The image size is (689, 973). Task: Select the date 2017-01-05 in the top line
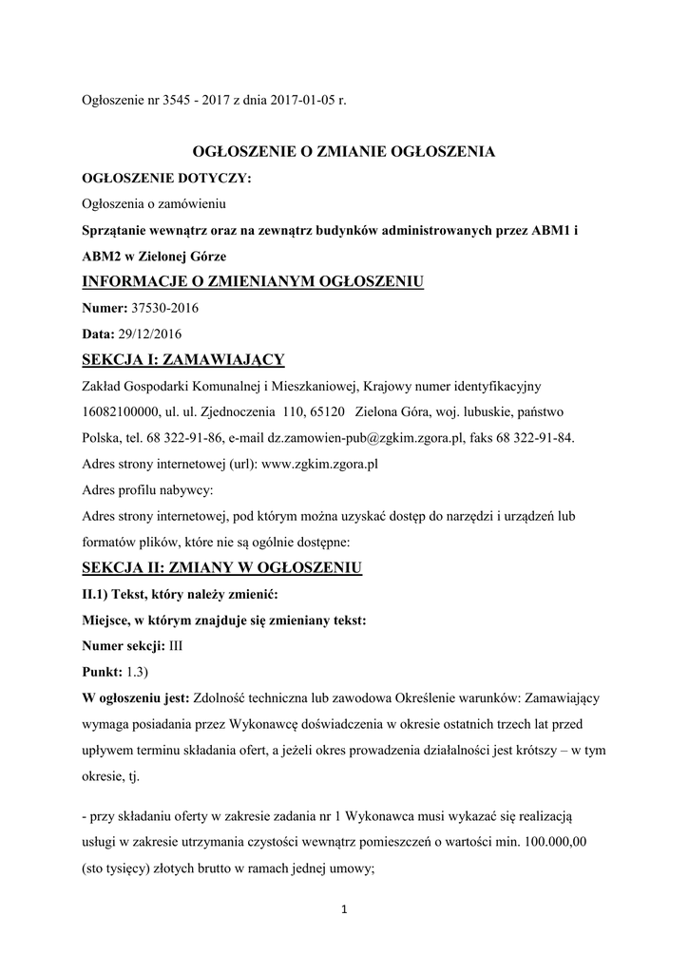tap(289, 101)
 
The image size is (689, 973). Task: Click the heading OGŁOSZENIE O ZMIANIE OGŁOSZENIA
tap(344, 151)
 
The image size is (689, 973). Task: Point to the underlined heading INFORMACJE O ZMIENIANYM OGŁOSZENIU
tap(253, 281)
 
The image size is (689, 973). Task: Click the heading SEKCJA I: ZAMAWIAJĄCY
tap(183, 359)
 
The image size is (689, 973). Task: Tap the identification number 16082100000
tap(122, 412)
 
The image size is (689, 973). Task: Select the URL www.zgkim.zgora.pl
tap(320, 465)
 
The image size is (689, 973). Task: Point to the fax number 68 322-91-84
tap(537, 438)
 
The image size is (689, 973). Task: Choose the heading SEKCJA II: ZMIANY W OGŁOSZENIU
tap(223, 568)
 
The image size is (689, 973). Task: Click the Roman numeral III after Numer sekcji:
tap(176, 645)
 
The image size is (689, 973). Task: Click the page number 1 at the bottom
tap(344, 910)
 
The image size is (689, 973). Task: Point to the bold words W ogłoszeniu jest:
tap(137, 697)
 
